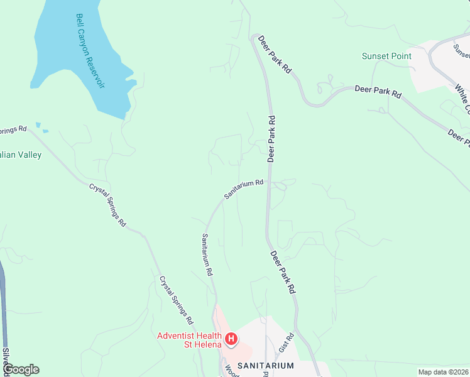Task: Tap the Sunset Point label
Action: [386, 56]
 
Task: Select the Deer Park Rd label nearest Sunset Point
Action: [378, 92]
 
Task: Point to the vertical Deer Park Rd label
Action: [271, 139]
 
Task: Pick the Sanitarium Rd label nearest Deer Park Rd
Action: [244, 188]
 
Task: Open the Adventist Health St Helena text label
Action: [189, 340]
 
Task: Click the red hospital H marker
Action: [231, 340]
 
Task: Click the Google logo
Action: [21, 369]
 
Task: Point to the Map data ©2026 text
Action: [442, 372]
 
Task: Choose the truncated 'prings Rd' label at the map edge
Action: [13, 129]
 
